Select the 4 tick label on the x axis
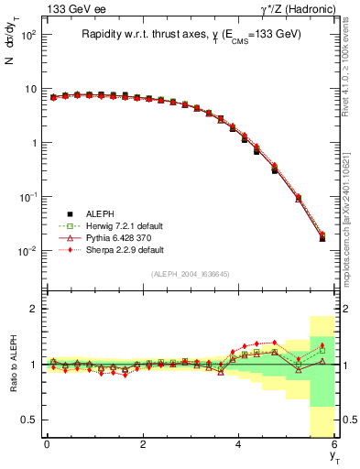pyautogui.click(x=238, y=444)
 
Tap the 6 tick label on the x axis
pyautogui.click(x=334, y=444)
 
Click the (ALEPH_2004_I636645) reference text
pyautogui.click(x=191, y=273)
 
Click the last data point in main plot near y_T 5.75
pyautogui.click(x=322, y=237)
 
